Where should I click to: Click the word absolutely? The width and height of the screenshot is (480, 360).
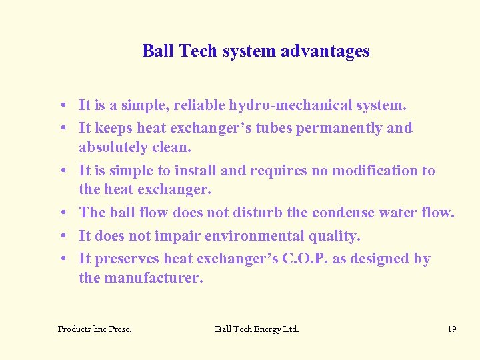pyautogui.click(x=112, y=147)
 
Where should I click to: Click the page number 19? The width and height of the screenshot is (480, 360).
pyautogui.click(x=451, y=329)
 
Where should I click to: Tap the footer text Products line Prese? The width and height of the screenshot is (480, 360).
pyautogui.click(x=95, y=329)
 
